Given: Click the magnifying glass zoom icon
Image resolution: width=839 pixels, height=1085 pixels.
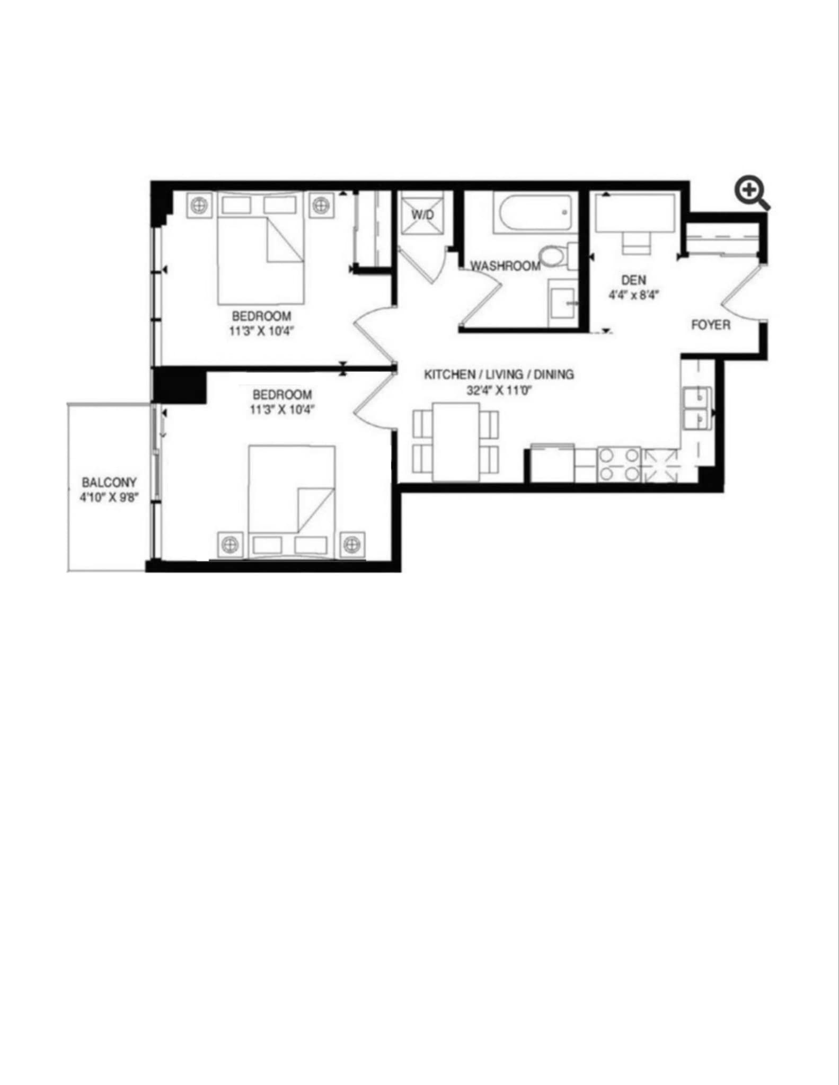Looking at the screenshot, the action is point(752,193).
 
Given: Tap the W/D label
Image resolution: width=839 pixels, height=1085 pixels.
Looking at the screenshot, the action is point(422,214).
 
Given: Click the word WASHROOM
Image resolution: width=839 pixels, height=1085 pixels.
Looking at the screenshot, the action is point(506,265).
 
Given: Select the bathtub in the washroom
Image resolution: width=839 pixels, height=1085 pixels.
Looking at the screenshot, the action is point(533,213).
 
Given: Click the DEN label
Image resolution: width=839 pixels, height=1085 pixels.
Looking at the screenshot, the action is point(633,279).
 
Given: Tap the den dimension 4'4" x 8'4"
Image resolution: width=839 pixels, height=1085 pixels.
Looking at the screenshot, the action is point(633,295).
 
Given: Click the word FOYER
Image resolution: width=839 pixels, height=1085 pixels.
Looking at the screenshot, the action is point(711,324).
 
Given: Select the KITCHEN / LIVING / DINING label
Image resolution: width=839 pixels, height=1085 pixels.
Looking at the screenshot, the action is point(499,374).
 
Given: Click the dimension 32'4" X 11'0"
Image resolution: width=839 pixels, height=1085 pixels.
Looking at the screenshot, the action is point(499,391).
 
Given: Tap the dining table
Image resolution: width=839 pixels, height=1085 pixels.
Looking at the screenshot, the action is point(456,442).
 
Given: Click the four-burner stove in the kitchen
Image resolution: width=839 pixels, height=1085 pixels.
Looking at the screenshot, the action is point(619,465).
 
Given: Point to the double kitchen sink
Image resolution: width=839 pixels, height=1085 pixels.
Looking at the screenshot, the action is point(696,408).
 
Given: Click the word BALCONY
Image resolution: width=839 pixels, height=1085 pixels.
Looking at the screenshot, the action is point(109,483).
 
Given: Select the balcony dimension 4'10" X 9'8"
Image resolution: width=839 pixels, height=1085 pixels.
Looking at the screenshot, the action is point(109,498).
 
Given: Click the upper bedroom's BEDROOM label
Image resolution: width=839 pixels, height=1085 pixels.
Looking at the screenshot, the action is point(261,316).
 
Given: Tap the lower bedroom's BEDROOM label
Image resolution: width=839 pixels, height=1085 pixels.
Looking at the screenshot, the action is point(282,395).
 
